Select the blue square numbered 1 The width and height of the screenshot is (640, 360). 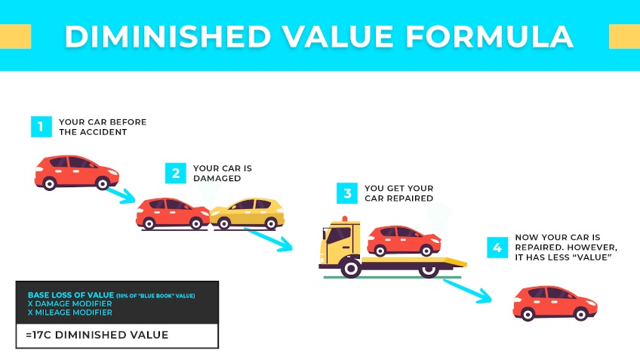pos(42,126)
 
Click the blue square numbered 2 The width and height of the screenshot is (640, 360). pos(176,173)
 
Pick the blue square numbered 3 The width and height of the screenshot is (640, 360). pos(347,193)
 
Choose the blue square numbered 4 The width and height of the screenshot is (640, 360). pos(497,247)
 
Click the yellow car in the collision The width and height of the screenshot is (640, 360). pos(249,212)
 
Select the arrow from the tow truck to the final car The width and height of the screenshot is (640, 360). pos(467,290)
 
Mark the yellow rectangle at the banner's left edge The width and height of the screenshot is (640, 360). pos(15,35)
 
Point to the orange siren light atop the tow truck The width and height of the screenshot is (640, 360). pos(346,220)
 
